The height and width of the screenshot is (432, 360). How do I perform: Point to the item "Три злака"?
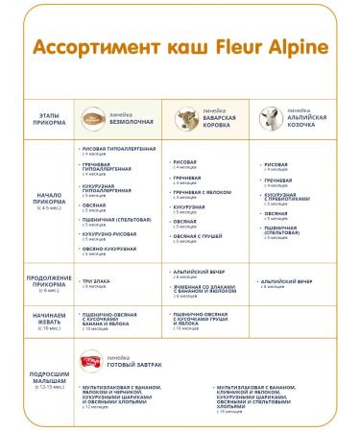tap(100, 281)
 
